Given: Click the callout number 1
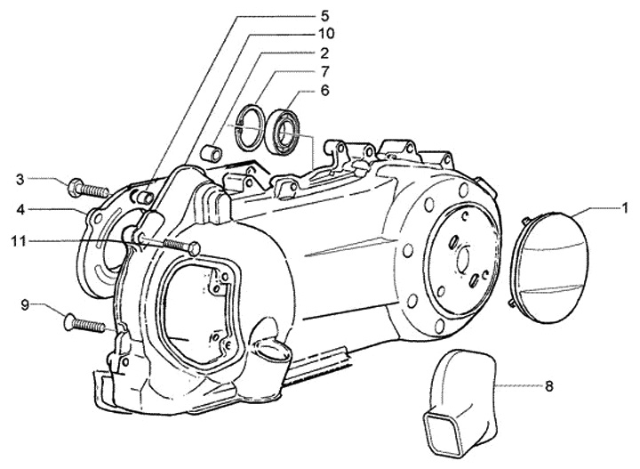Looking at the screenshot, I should pyautogui.click(x=625, y=207).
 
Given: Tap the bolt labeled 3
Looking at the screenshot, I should pyautogui.click(x=87, y=188).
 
